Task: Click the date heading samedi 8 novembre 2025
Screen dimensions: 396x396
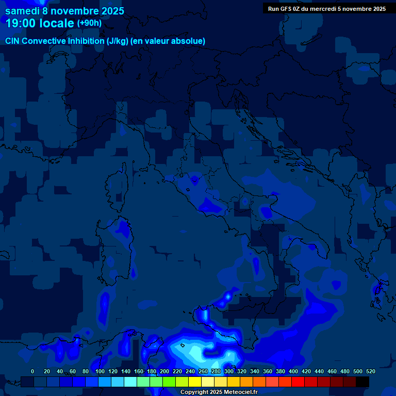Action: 64,11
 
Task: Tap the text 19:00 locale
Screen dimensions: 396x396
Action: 40,23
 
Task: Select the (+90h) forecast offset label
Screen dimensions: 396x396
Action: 89,23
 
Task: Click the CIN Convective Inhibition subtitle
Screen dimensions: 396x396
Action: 105,41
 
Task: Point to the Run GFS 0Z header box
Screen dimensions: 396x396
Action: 327,8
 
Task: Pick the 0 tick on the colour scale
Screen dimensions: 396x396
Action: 32,371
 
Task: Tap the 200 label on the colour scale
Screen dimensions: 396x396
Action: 164,371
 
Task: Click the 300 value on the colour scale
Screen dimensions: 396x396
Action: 228,371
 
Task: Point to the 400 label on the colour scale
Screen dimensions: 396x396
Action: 293,371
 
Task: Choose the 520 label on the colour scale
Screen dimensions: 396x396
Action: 370,371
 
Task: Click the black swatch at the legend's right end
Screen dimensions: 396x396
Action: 362,382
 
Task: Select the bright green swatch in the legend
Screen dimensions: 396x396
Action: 169,382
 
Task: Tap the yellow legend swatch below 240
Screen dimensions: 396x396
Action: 195,382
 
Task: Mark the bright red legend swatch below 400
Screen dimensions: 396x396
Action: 298,382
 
